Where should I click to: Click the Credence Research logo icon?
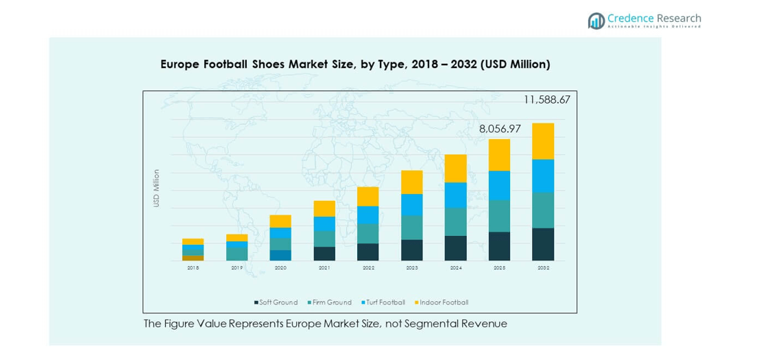coord(596,21)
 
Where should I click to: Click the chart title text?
coord(355,64)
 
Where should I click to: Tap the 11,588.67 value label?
coord(546,99)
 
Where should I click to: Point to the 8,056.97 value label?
coord(500,128)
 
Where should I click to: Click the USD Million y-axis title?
coord(156,188)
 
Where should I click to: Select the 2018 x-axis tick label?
coord(193,268)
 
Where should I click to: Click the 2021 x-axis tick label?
coord(324,268)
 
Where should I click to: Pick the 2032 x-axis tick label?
coord(543,268)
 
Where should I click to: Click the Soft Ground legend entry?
coord(276,302)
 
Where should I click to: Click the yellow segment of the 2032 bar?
coord(543,141)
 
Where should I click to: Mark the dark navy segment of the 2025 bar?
coord(499,246)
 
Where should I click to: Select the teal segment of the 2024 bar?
coord(455,221)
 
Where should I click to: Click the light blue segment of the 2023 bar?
coord(411,204)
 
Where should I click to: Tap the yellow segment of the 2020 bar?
coord(280,221)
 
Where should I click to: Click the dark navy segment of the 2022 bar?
coord(368,252)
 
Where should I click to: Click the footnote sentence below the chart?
coord(325,324)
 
